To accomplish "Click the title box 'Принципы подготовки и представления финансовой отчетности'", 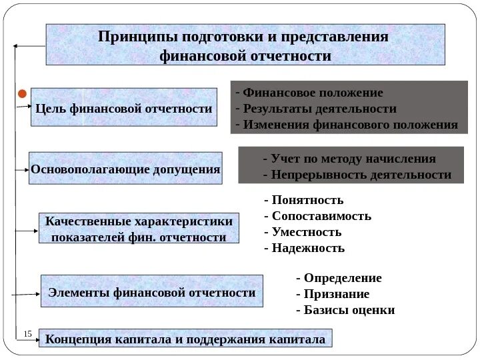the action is pyautogui.click(x=245, y=45).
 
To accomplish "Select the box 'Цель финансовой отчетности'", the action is pyautogui.click(x=124, y=107).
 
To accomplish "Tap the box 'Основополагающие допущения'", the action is pyautogui.click(x=125, y=169).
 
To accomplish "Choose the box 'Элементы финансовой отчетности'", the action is pyautogui.click(x=152, y=292).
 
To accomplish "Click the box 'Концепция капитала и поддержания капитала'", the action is pyautogui.click(x=185, y=339).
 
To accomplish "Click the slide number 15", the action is pyautogui.click(x=28, y=333).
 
